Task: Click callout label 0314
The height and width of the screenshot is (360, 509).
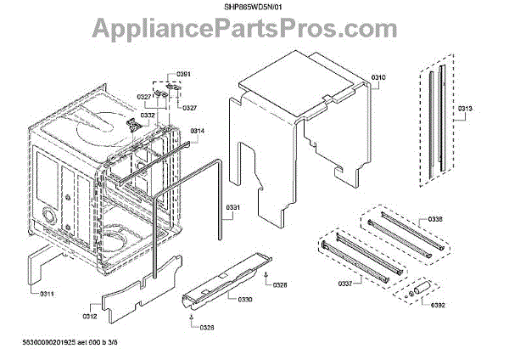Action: pos(197,131)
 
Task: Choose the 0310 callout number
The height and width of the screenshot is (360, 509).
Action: pos(379,78)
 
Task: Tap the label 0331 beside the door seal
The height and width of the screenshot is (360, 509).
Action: pos(233,208)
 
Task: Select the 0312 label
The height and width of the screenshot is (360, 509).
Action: pos(91,316)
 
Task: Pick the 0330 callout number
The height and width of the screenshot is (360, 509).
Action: pos(243,300)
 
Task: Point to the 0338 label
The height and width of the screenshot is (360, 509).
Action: pos(458,220)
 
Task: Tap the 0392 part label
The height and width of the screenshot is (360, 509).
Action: pos(438,305)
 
